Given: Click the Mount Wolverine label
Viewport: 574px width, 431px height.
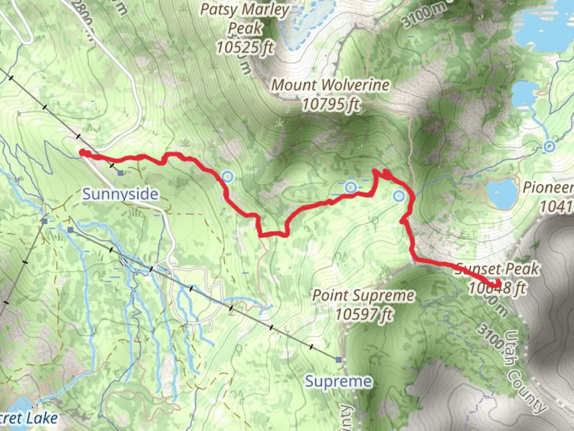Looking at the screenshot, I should (x=330, y=85).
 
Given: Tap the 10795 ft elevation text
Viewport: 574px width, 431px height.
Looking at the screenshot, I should (x=330, y=105).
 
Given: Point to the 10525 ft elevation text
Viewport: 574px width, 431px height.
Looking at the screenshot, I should (x=244, y=47).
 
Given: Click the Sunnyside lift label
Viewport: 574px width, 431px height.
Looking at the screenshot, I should (x=120, y=194).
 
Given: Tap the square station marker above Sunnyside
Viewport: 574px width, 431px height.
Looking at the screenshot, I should (x=120, y=173).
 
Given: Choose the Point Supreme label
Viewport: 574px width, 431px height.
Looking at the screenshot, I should (x=363, y=296).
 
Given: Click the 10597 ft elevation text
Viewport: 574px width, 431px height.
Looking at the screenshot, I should (x=363, y=314).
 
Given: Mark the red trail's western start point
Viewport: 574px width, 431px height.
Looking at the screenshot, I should (x=82, y=152).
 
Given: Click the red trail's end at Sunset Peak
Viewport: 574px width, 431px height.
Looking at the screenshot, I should (x=498, y=284).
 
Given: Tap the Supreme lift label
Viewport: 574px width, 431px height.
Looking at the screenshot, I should (x=338, y=382).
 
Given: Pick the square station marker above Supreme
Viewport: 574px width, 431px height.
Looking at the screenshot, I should (x=339, y=360).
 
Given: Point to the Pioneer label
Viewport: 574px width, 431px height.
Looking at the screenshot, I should (x=548, y=187).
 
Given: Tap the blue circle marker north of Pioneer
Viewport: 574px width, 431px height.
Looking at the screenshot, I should (x=549, y=146).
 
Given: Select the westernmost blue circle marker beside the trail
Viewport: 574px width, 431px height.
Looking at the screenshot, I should (x=227, y=176).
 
